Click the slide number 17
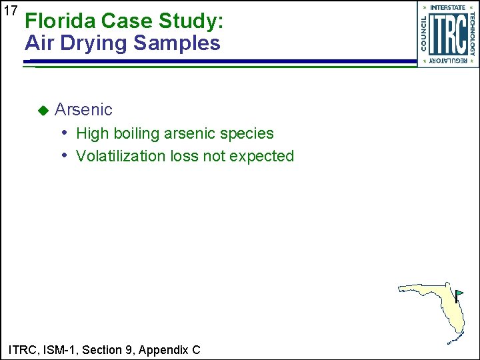9,11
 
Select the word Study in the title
189,21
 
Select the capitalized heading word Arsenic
83,109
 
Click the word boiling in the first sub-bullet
138,133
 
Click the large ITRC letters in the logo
447,35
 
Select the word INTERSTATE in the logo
448,7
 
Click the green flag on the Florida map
459,293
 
